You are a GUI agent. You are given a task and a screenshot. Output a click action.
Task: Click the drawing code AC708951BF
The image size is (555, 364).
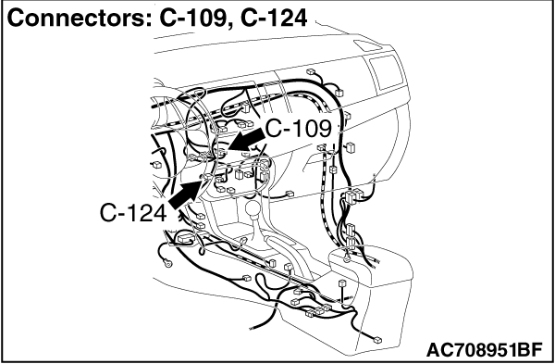(485, 350)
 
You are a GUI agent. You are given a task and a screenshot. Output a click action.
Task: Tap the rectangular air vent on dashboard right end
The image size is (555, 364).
(379, 69)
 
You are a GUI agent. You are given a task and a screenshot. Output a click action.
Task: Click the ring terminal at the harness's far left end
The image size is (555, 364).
(169, 262)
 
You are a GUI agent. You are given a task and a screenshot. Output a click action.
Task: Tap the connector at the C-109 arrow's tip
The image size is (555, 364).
(225, 150)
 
